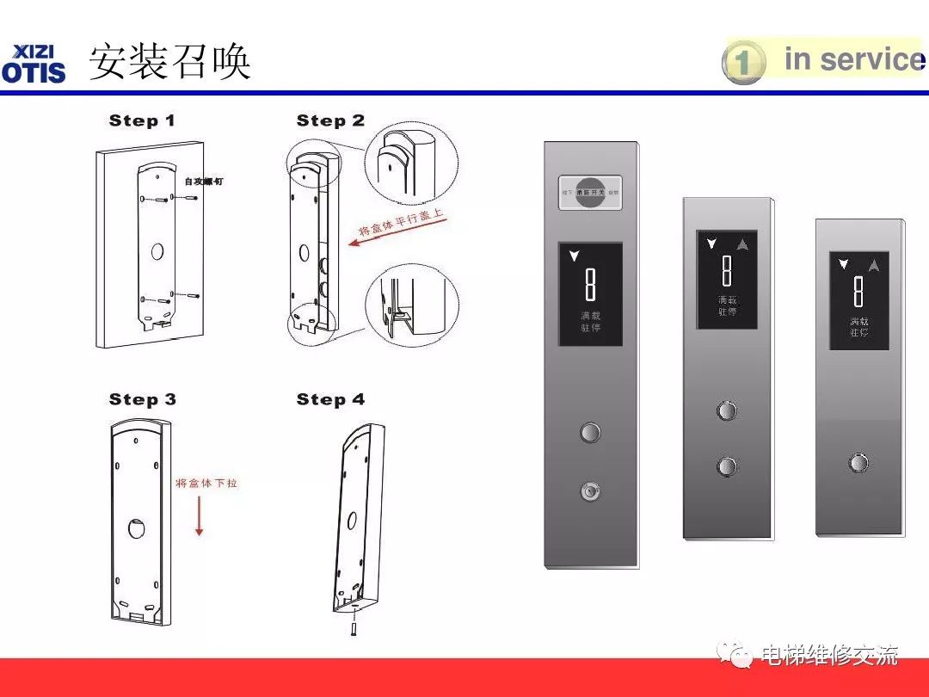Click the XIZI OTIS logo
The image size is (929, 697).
pos(34,64)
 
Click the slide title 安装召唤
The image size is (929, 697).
pos(169,62)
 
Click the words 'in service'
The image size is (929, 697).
pos(852,59)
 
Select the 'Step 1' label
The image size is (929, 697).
pos(142,121)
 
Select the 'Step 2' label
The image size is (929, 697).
pos(330,121)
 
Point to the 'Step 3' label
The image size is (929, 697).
pos(143,399)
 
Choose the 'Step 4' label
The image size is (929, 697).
pos(330,399)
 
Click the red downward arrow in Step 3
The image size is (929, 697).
pos(199,516)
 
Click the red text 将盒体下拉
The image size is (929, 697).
pos(206,484)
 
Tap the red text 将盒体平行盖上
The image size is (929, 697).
pos(402,222)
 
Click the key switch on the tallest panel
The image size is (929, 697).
pos(590,491)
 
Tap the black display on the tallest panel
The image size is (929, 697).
pos(590,294)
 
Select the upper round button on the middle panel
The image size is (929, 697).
pos(727,410)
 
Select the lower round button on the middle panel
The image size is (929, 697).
pos(727,467)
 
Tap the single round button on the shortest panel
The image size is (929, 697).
pos(858,463)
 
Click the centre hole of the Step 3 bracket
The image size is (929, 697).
pos(137,527)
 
